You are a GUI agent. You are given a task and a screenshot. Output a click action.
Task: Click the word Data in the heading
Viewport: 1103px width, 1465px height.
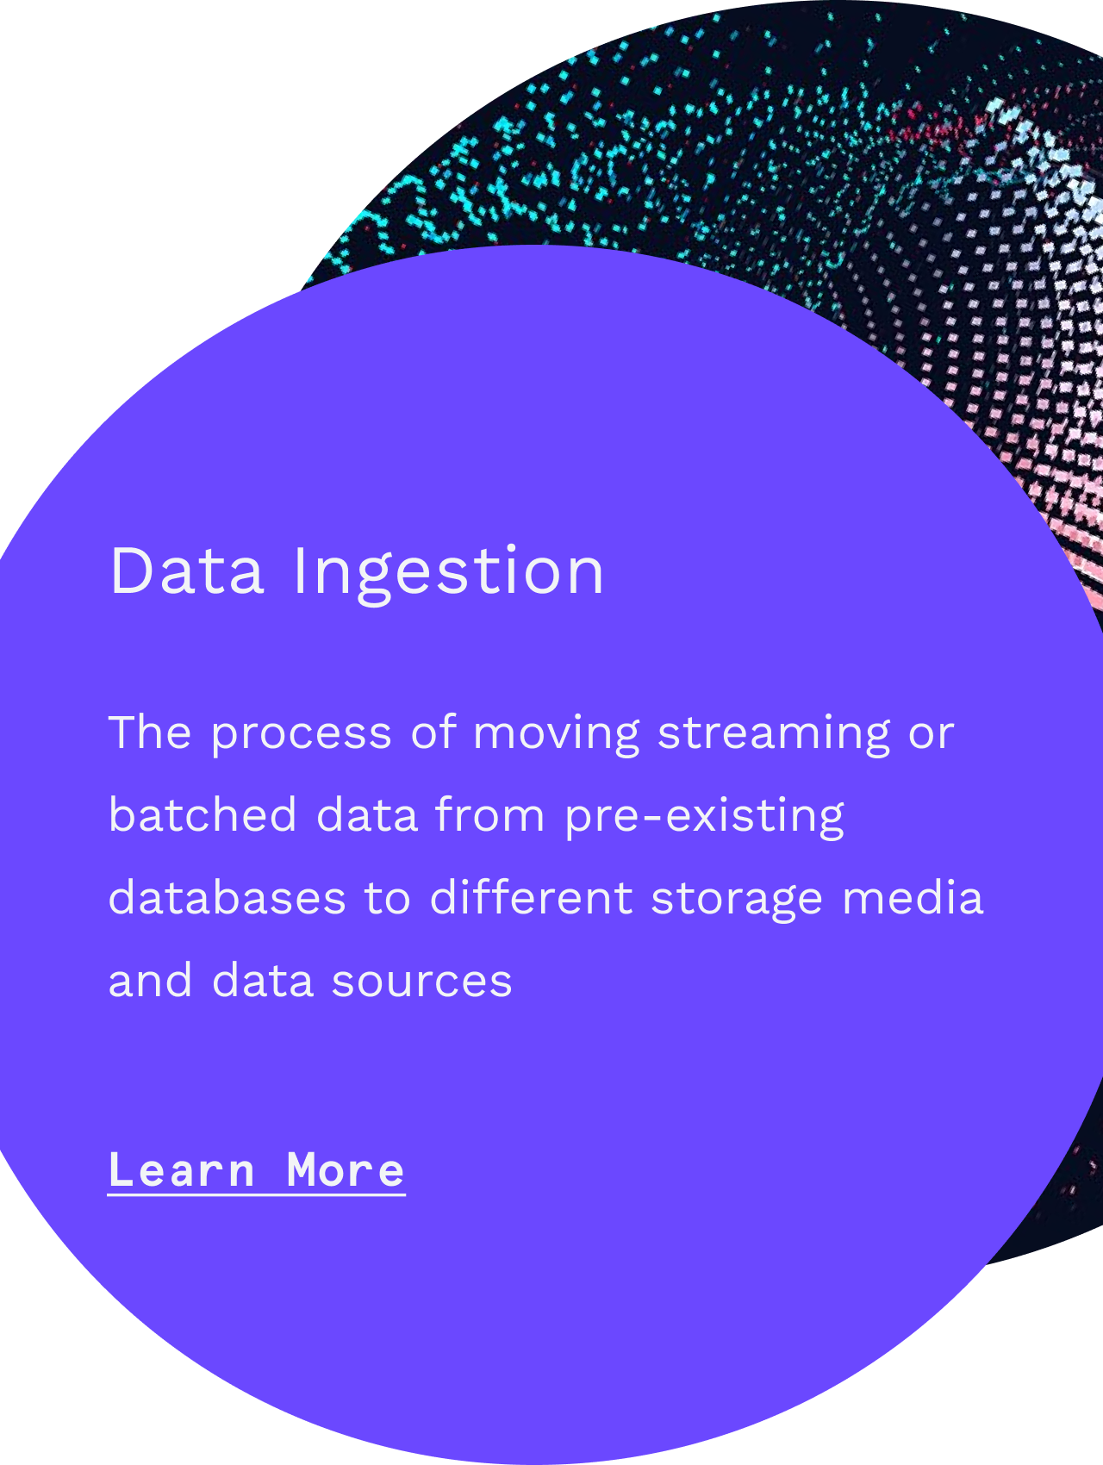186,570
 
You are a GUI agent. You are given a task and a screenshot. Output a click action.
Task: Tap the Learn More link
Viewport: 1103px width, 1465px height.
257,1170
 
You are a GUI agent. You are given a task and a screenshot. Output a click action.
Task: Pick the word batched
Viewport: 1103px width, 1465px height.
203,815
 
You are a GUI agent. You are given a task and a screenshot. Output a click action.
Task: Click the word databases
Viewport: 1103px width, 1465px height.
227,898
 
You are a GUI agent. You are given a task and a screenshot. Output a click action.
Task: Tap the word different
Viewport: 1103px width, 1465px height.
531,898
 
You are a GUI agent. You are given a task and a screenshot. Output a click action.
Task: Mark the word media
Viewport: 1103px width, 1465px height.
913,898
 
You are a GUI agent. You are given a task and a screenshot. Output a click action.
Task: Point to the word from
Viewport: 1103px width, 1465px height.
490,815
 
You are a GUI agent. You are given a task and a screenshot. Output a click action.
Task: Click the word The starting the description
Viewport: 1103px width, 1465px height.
151,732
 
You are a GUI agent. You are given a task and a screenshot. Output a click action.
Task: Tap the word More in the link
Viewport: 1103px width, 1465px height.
346,1170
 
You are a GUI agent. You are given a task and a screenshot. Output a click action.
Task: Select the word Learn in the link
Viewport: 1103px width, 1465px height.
182,1170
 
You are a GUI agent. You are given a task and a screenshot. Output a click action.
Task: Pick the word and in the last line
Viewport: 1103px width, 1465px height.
150,981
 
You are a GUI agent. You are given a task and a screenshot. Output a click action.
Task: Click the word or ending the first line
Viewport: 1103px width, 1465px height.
932,738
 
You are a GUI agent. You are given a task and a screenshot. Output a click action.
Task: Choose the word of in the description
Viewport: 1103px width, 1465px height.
433,732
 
